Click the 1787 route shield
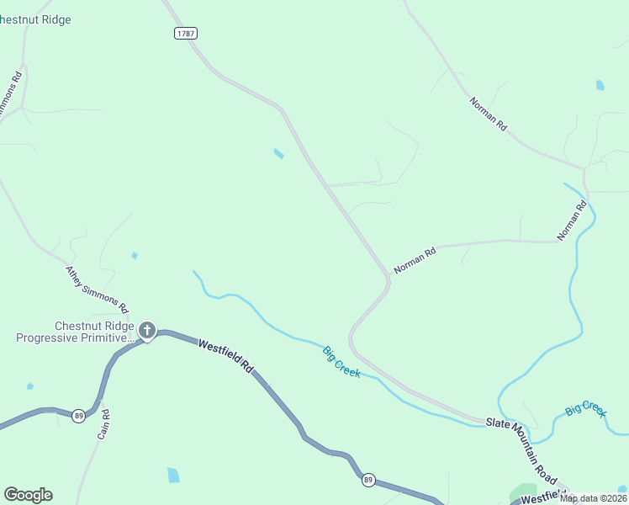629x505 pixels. (x=187, y=33)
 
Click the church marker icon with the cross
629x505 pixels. (x=147, y=331)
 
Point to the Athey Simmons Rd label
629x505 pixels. (x=97, y=289)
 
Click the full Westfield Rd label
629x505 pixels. (x=225, y=355)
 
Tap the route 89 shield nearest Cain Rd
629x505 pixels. (x=78, y=416)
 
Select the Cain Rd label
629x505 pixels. (x=104, y=424)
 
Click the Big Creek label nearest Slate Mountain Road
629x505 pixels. (x=585, y=409)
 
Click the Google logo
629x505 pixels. (x=28, y=495)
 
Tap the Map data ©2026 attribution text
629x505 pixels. (x=594, y=498)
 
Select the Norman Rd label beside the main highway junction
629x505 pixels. (x=415, y=260)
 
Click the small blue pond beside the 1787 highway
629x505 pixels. (x=278, y=153)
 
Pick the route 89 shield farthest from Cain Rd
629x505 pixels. (x=368, y=480)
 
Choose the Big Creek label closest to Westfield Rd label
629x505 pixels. (x=341, y=361)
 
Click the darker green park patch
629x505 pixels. (x=523, y=492)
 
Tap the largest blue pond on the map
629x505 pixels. (x=173, y=475)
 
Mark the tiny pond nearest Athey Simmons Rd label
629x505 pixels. (x=134, y=256)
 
